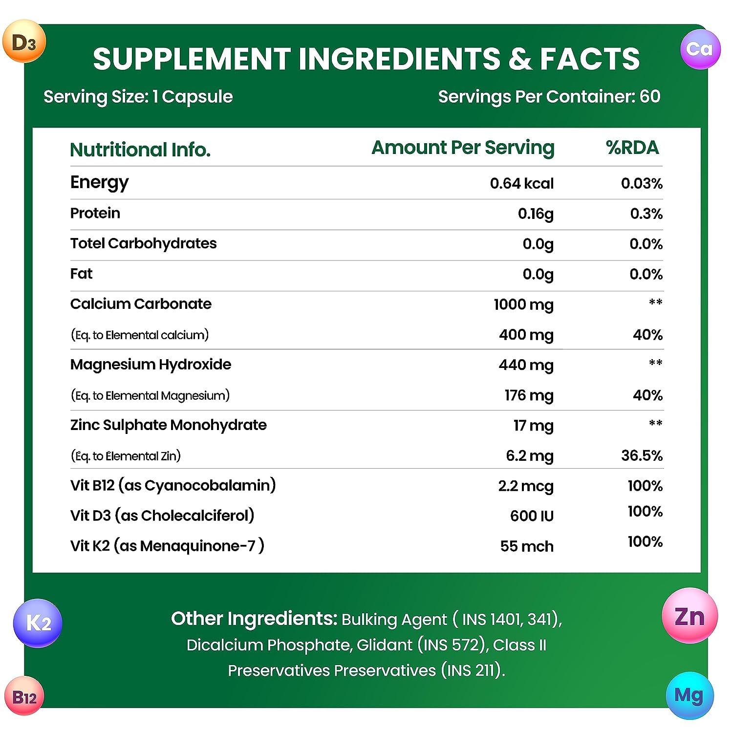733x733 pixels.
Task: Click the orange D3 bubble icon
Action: click(24, 42)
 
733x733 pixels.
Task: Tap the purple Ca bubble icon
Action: click(700, 49)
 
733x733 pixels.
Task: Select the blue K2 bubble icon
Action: click(38, 623)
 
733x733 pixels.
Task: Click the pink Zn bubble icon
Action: click(690, 616)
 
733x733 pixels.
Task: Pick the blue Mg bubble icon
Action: click(689, 695)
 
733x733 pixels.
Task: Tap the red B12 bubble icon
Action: click(24, 696)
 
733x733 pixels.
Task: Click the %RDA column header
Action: click(632, 148)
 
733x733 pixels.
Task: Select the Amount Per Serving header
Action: click(463, 148)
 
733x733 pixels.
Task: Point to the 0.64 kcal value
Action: click(521, 183)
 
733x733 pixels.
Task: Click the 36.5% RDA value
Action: click(642, 455)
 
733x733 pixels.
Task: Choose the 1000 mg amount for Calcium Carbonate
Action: click(523, 304)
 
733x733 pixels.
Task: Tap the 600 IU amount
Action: click(532, 516)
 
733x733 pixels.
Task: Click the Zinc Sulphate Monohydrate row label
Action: click(169, 425)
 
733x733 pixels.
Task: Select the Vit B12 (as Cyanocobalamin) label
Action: click(173, 485)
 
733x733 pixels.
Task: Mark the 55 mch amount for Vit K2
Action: click(527, 546)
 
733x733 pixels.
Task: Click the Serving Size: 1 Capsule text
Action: click(138, 97)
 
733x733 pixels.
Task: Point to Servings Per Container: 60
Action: click(549, 97)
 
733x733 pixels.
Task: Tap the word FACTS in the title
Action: click(589, 59)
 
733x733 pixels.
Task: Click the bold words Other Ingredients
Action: click(254, 619)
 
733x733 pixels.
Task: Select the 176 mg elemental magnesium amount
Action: click(529, 395)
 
